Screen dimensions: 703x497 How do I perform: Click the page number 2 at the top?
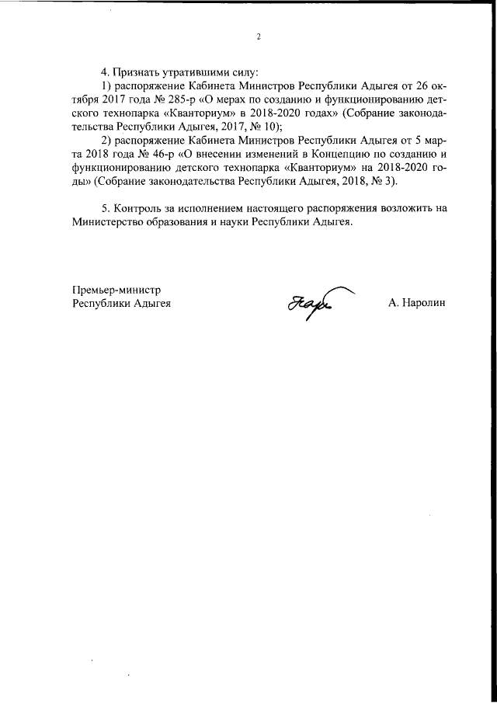tap(259, 37)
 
